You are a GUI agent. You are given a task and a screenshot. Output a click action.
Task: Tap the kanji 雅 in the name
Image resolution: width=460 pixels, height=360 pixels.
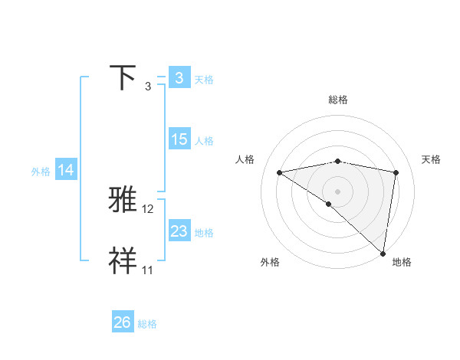point(123,201)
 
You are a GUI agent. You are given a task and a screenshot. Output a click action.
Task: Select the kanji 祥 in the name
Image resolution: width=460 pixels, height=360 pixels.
point(123,262)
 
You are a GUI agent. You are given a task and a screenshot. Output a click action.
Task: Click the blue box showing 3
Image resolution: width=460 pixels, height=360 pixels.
point(179,77)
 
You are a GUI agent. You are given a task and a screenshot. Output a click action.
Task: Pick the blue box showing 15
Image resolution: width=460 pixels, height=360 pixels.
point(179,139)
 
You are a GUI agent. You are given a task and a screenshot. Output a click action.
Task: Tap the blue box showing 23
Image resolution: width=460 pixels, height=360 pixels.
point(179,231)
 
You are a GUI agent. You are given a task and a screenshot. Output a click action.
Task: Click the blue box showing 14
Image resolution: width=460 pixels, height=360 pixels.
point(66,170)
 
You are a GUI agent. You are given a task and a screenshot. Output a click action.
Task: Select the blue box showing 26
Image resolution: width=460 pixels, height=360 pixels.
point(123,322)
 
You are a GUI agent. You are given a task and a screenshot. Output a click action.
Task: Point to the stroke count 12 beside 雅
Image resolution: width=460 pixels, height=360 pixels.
point(148,208)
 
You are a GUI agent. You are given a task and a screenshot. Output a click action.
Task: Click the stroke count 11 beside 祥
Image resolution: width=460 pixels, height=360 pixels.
point(147,270)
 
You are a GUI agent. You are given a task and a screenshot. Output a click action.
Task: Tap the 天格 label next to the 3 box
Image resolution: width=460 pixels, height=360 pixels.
point(203,79)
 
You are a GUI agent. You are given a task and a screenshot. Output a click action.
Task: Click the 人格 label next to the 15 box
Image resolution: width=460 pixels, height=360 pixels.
point(203,141)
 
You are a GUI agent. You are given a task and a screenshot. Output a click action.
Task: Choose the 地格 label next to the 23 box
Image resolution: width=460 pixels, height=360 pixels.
point(203,233)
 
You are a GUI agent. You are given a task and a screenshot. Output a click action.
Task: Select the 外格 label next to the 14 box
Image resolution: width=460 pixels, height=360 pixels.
point(41,172)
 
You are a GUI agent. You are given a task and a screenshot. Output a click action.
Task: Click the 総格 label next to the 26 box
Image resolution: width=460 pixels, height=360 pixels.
point(147,324)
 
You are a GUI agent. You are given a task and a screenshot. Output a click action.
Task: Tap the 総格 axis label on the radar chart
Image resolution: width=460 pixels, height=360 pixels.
point(337,100)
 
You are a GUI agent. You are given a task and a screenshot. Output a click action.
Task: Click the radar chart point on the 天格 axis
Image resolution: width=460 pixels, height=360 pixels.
point(396,172)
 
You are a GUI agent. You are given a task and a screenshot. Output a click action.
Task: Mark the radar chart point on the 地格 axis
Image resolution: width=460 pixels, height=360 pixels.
point(383,254)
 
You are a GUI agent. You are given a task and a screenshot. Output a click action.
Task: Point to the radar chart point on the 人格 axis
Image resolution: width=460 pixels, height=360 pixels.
point(279,172)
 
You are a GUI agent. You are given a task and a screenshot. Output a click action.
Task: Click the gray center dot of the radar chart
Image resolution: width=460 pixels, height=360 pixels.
point(337,191)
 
